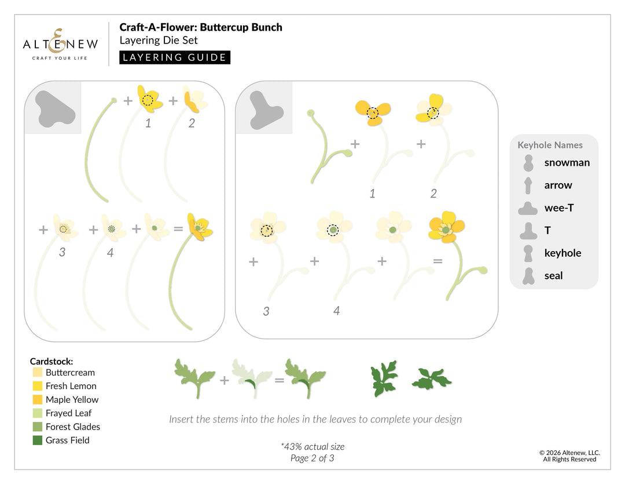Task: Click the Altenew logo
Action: pos(60,44)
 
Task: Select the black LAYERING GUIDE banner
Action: pos(175,57)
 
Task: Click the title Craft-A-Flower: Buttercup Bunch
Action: pos(201,27)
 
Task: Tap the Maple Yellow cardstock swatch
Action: pos(38,399)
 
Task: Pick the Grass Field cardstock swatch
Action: pos(38,440)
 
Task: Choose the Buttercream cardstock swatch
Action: pos(38,373)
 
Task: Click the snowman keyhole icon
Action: pos(528,163)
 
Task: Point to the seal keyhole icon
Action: pos(528,276)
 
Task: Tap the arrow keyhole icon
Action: pos(528,185)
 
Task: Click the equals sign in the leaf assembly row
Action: pos(280,380)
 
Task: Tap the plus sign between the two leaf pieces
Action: pos(225,380)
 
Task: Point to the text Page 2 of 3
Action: pos(312,458)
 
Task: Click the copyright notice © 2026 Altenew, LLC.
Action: pos(569,453)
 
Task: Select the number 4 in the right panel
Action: pos(336,311)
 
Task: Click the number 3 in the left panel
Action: pos(62,252)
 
